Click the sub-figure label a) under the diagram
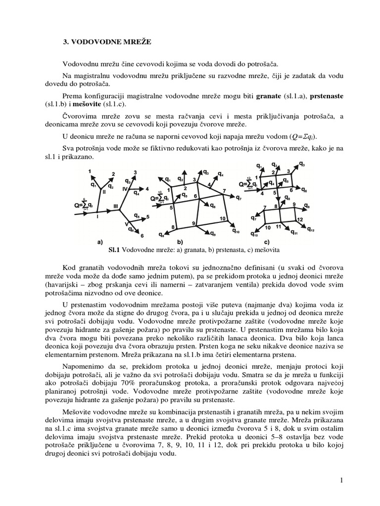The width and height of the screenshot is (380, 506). click(x=99, y=242)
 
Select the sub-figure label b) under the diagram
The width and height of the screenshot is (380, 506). click(x=180, y=242)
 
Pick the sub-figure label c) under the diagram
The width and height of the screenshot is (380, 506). click(x=267, y=242)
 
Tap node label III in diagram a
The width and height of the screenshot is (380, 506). click(x=115, y=206)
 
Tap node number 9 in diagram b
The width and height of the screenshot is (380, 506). click(x=194, y=224)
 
